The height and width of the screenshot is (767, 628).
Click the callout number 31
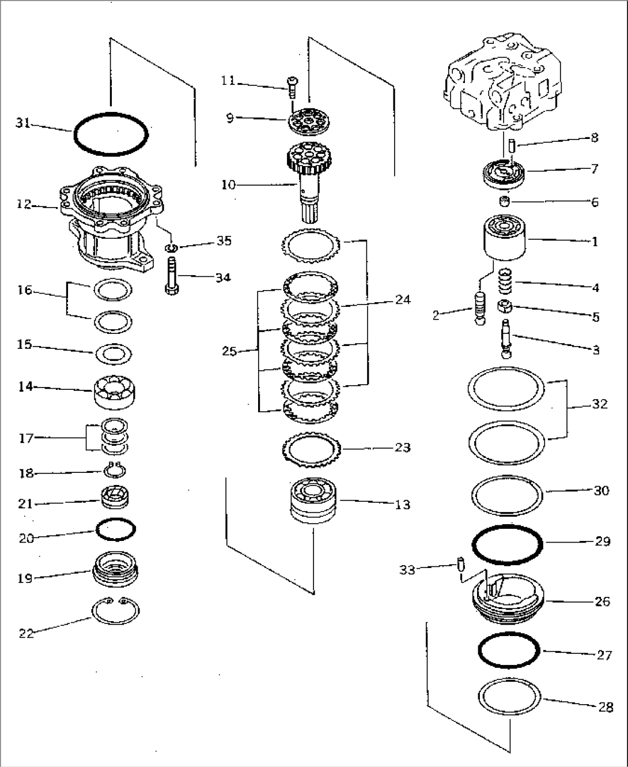(x=22, y=123)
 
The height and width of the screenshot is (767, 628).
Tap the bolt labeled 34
(x=171, y=277)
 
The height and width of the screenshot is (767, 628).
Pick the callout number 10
(x=228, y=185)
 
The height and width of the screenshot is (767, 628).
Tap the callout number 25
(x=229, y=351)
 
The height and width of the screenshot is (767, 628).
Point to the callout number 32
(x=600, y=404)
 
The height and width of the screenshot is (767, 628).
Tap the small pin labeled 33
(x=461, y=564)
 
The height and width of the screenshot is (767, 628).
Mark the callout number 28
(x=606, y=706)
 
